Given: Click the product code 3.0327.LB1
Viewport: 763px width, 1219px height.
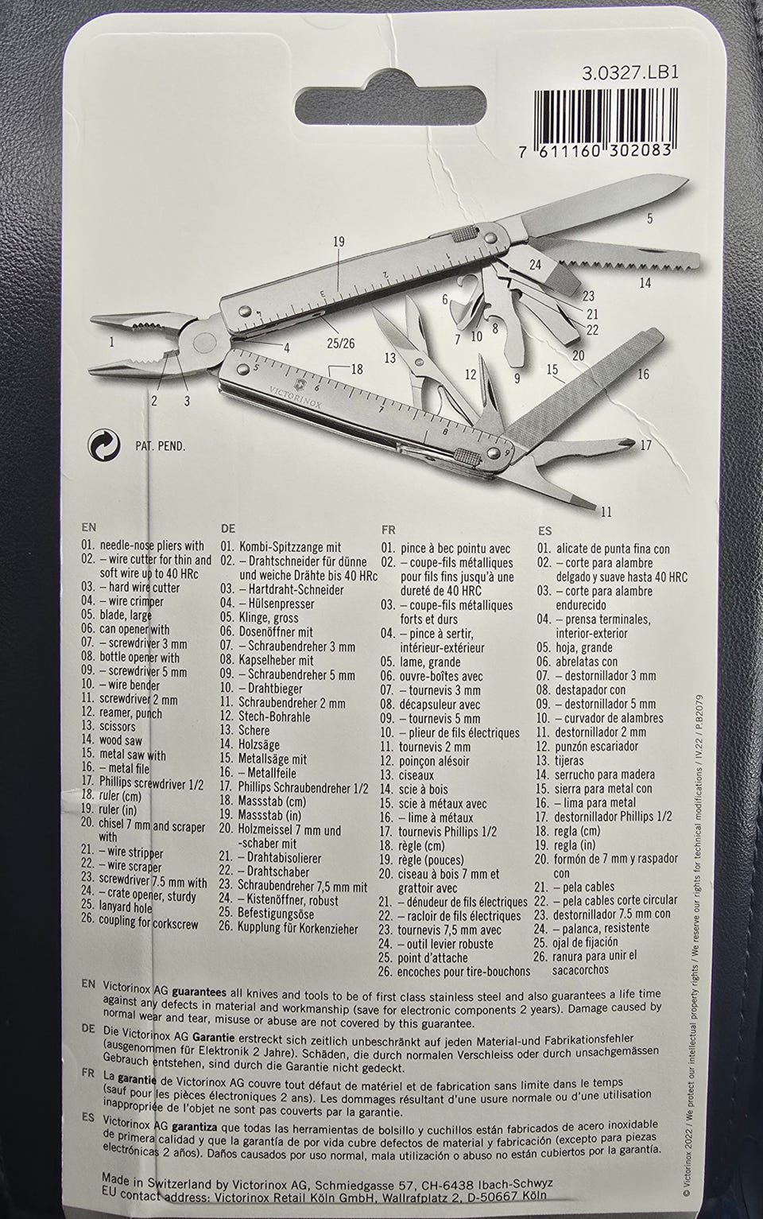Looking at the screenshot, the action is point(630,72).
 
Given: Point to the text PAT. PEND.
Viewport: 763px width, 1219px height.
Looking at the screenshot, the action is point(160,447).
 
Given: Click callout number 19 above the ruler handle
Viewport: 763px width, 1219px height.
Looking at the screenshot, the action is point(339,242).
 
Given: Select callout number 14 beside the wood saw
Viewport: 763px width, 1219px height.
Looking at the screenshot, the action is point(645,283).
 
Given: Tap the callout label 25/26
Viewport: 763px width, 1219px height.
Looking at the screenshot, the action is point(341,344).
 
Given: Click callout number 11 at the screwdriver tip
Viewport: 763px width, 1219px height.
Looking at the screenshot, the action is point(606,511).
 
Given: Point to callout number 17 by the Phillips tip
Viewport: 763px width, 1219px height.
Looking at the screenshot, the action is point(645,445).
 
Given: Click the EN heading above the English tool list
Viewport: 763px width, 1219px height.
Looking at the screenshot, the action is point(89,527).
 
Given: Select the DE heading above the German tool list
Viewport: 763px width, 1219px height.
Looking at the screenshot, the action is point(228,529).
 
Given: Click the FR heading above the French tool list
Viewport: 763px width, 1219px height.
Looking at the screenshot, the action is point(389,530).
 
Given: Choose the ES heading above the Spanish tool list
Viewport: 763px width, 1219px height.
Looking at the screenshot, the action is point(544,531).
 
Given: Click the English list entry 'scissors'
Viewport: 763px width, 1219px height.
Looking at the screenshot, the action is point(118,727).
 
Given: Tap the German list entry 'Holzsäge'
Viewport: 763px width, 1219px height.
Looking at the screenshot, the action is point(258,744).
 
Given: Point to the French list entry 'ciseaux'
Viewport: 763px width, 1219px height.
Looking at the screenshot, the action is point(416,775).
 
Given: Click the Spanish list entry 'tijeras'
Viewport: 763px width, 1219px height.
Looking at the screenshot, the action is point(568,760).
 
